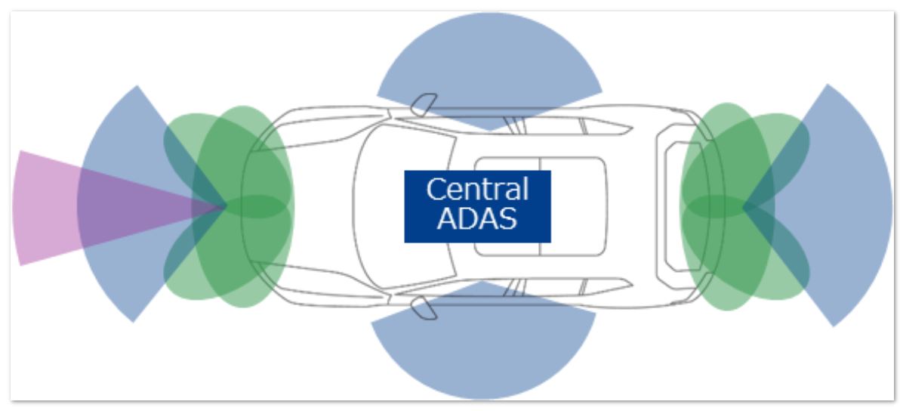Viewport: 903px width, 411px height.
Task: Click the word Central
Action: [477, 190]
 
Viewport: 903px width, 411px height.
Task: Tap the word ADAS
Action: [477, 218]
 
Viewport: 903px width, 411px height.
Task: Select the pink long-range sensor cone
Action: [45, 207]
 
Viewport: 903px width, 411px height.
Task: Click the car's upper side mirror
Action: [422, 104]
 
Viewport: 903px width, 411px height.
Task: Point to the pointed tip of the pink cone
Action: [224, 205]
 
